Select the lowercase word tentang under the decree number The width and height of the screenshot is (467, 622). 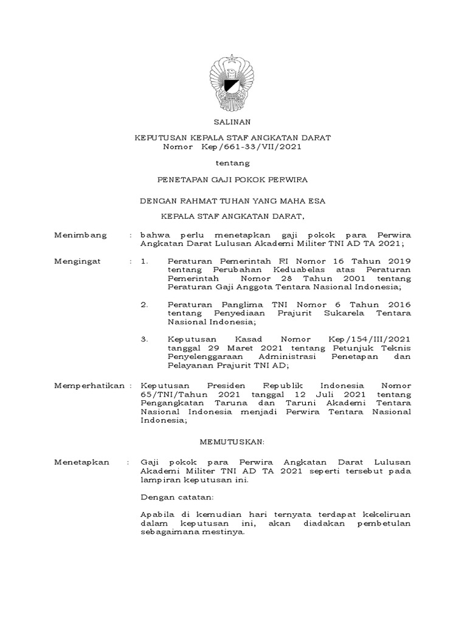[x=233, y=163]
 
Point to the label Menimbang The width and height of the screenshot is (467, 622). [x=81, y=235]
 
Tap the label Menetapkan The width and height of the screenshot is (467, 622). [x=82, y=462]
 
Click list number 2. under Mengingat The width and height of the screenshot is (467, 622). [x=144, y=304]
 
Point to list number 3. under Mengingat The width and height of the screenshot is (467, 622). [x=144, y=339]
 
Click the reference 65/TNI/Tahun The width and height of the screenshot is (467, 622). [x=169, y=394]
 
